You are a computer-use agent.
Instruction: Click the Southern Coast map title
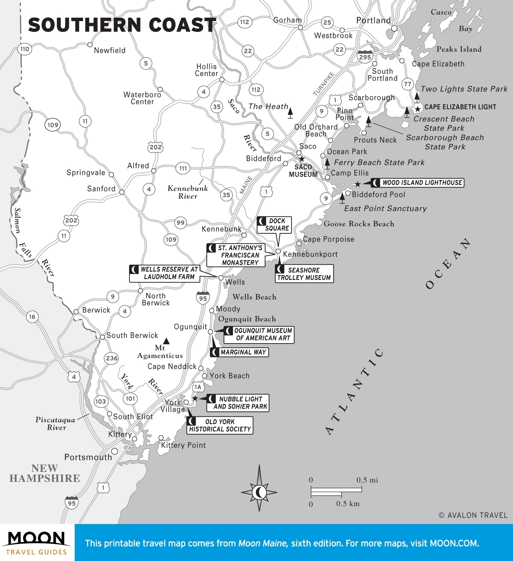(122, 25)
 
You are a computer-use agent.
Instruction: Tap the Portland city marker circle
(394, 28)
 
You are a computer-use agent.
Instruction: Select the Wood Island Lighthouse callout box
(418, 183)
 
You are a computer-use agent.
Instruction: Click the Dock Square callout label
(274, 224)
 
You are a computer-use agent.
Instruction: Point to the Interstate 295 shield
(365, 57)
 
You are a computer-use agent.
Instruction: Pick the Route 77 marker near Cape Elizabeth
(408, 84)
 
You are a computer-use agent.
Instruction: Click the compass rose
(259, 491)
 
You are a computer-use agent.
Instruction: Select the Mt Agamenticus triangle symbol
(166, 341)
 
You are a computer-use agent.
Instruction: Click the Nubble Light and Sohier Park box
(238, 403)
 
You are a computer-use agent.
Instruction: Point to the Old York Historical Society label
(220, 425)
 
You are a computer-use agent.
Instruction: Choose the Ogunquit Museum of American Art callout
(259, 334)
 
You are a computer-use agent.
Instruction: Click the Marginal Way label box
(239, 352)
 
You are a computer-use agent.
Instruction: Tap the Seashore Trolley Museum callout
(304, 274)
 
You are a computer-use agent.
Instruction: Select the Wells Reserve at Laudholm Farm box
(165, 273)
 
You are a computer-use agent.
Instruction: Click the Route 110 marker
(25, 49)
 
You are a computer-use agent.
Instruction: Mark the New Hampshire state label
(45, 473)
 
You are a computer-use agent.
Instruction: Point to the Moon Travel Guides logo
(37, 543)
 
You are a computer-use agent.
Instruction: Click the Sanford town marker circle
(122, 192)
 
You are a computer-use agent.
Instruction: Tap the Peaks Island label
(459, 49)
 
